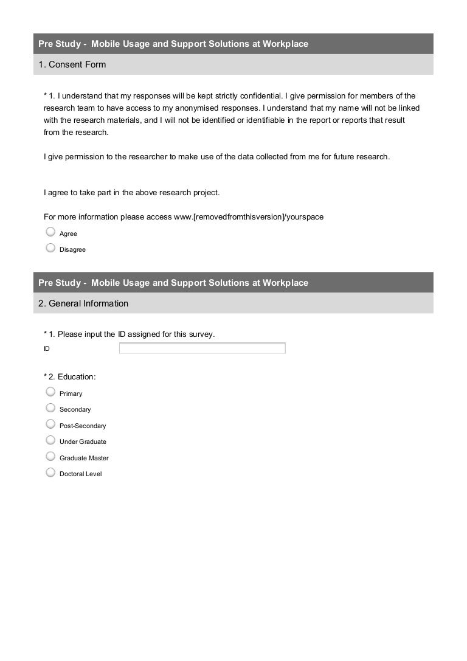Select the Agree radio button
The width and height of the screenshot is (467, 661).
click(51, 232)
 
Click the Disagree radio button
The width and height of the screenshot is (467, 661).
click(51, 247)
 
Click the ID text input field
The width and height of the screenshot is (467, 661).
click(202, 348)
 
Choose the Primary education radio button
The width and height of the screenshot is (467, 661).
click(51, 392)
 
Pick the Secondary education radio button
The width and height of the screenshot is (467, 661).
click(51, 407)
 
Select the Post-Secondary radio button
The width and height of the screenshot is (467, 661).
click(51, 424)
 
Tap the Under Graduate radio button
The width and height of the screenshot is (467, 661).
click(51, 440)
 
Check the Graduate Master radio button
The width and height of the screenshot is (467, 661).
click(51, 456)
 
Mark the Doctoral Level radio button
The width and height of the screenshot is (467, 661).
click(51, 472)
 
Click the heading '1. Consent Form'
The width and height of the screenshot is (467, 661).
click(72, 64)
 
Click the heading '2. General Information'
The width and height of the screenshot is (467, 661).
click(83, 303)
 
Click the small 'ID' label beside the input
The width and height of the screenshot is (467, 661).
click(47, 349)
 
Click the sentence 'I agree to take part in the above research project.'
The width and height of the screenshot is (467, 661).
click(132, 193)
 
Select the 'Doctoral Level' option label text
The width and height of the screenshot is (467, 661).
click(80, 474)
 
